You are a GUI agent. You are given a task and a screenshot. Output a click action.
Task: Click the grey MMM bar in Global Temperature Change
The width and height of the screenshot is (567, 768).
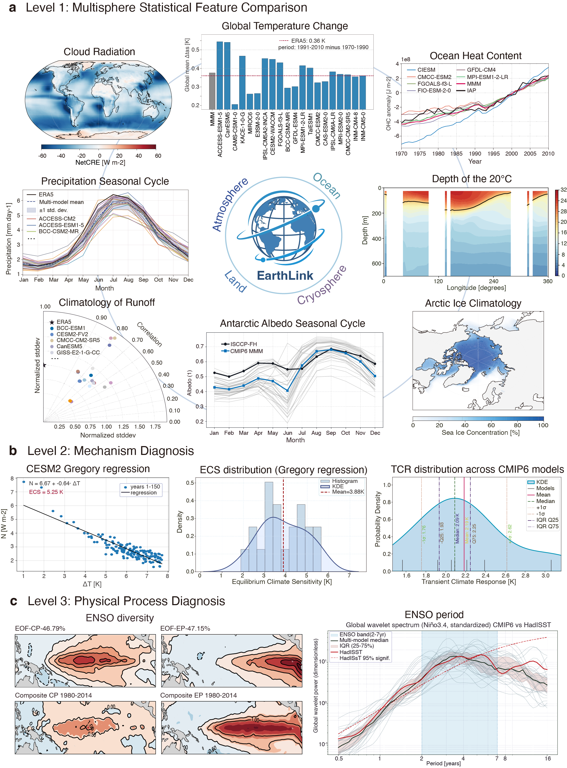pos(212,91)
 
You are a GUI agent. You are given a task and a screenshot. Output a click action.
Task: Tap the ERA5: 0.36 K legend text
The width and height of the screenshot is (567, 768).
pos(308,41)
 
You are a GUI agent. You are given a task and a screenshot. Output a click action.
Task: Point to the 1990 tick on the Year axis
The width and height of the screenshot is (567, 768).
pos(475,153)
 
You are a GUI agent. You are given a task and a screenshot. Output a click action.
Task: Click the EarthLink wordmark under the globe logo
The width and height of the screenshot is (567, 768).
pos(285,275)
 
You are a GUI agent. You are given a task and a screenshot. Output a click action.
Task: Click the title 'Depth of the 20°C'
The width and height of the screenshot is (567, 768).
pos(472,179)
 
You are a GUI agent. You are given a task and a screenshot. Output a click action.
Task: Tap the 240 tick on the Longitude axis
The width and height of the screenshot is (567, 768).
pos(493,281)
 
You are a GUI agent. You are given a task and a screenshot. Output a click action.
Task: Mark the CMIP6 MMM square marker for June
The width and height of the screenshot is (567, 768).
pos(288,390)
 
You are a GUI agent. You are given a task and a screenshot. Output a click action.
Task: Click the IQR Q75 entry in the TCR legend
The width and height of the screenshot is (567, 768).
pos(547,526)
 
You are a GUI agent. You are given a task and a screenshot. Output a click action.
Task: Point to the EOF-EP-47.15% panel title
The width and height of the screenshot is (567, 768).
pos(185,628)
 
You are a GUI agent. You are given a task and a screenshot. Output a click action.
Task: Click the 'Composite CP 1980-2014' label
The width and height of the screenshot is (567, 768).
pos(53,695)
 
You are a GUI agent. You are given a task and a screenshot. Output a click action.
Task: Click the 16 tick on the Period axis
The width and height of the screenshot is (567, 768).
pos(547,758)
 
